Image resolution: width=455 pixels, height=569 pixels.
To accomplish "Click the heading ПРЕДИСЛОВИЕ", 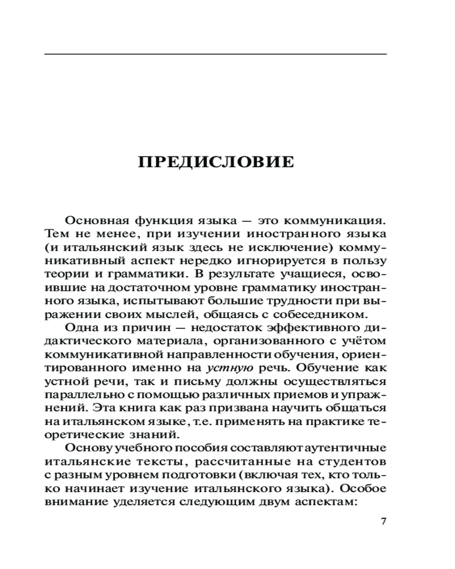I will [216, 162].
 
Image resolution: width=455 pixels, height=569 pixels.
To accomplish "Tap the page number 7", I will [383, 522].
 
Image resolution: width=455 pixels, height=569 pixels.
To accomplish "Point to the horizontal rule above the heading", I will [216, 54].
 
